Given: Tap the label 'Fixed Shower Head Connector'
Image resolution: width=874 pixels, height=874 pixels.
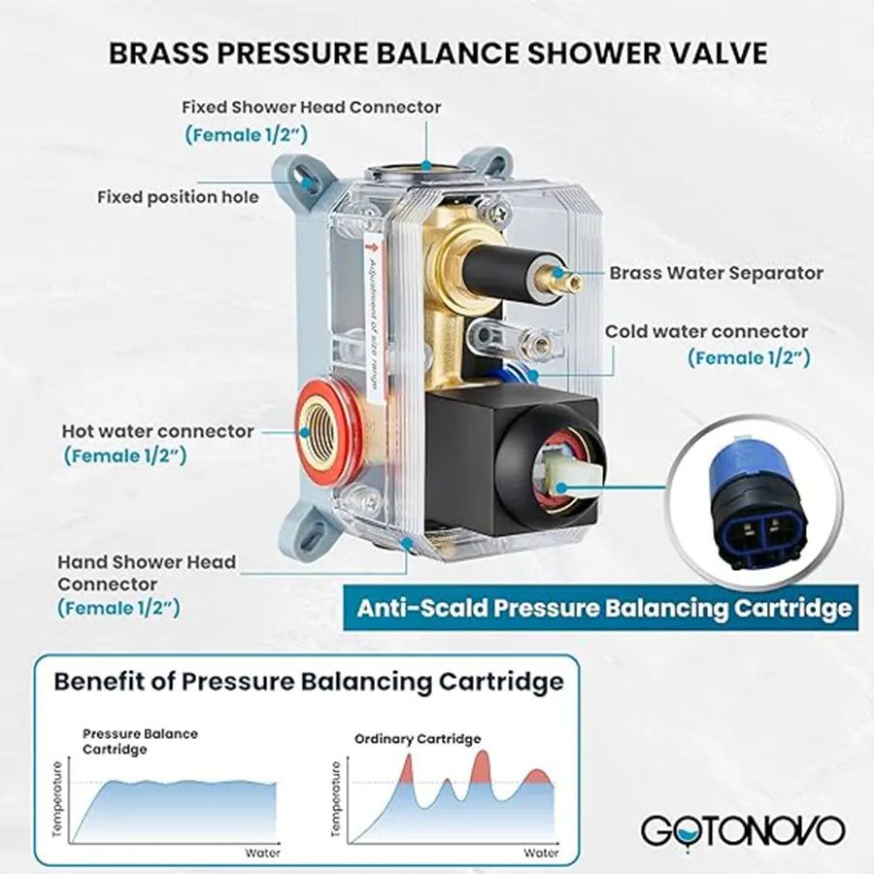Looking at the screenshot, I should click(x=312, y=107).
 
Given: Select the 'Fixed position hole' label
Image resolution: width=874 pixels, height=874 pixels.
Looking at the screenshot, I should click(x=178, y=197).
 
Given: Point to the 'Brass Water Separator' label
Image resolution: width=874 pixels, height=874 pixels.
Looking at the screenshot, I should click(x=716, y=273).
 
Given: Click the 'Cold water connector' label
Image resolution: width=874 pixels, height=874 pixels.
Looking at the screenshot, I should click(x=706, y=331).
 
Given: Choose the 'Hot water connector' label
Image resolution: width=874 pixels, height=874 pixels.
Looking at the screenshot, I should click(x=157, y=430).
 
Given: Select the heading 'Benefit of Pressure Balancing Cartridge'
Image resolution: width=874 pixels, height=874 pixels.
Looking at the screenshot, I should click(x=309, y=681).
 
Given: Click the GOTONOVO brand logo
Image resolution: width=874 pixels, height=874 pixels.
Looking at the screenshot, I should click(x=742, y=830).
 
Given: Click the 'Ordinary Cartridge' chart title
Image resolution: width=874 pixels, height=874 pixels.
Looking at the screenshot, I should click(x=418, y=739).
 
